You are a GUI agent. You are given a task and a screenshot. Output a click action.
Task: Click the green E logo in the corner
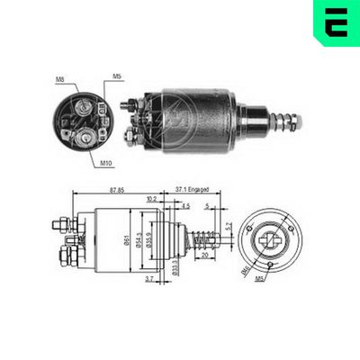(335, 22)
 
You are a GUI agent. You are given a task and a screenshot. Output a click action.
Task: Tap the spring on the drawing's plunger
(204, 241)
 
